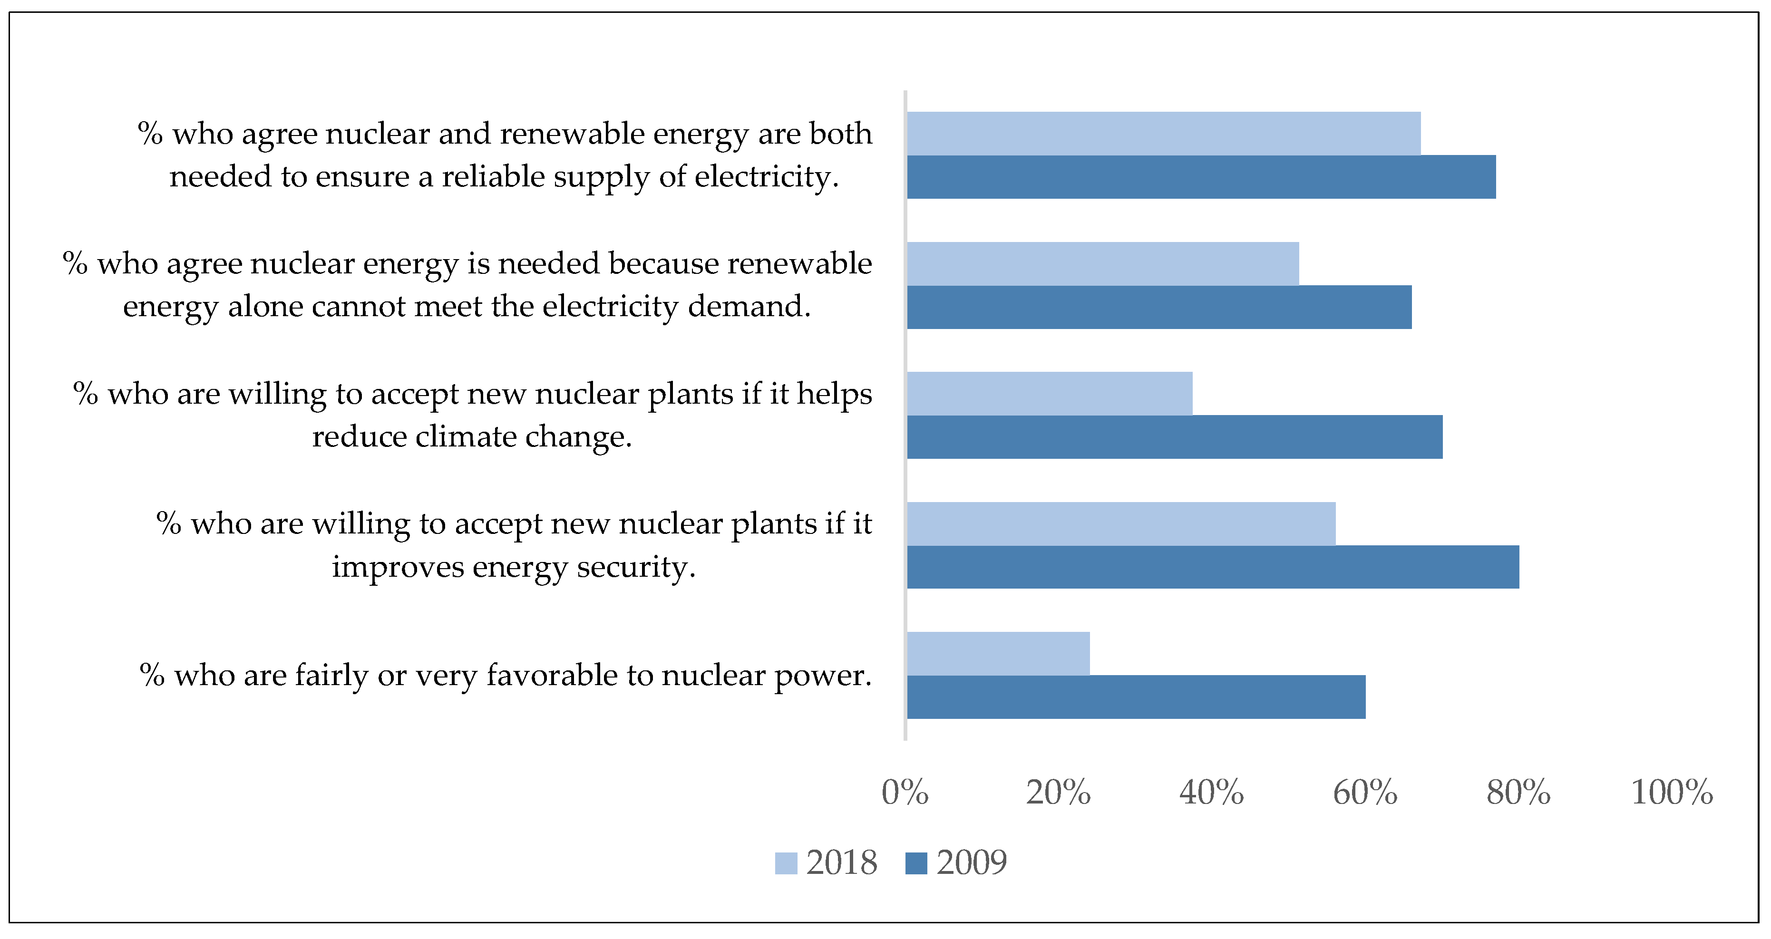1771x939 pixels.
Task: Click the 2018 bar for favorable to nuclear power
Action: click(998, 653)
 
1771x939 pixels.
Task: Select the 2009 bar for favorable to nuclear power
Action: click(1136, 697)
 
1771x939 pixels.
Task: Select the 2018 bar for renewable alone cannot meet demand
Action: click(1103, 263)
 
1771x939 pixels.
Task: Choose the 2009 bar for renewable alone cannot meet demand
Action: click(1159, 307)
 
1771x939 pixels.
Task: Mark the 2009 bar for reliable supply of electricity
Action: click(1201, 177)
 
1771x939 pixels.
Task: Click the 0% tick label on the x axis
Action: click(905, 792)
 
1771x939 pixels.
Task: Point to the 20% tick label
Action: click(1058, 792)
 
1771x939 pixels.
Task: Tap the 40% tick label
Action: click(1211, 792)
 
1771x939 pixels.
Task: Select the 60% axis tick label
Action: click(1365, 792)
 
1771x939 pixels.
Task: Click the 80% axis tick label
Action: click(1518, 792)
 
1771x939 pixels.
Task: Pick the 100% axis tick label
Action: click(1671, 792)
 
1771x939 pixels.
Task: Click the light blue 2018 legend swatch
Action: click(786, 863)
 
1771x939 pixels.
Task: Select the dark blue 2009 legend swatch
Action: click(916, 863)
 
